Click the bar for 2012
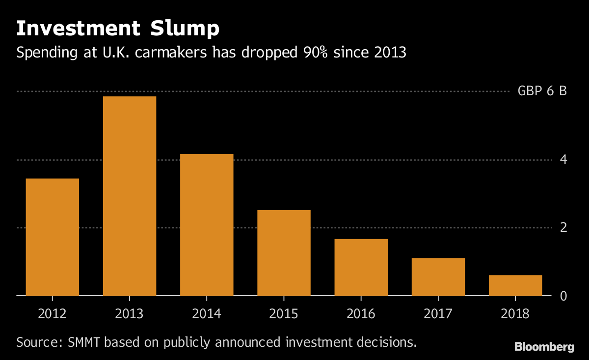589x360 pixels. [52, 237]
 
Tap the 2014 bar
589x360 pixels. [207, 224]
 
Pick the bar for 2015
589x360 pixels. [284, 252]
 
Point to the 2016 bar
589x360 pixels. [361, 267]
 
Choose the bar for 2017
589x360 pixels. [438, 277]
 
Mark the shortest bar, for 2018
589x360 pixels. [515, 285]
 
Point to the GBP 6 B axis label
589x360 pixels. [542, 91]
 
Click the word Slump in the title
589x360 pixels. [183, 29]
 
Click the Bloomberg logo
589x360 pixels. [544, 347]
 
